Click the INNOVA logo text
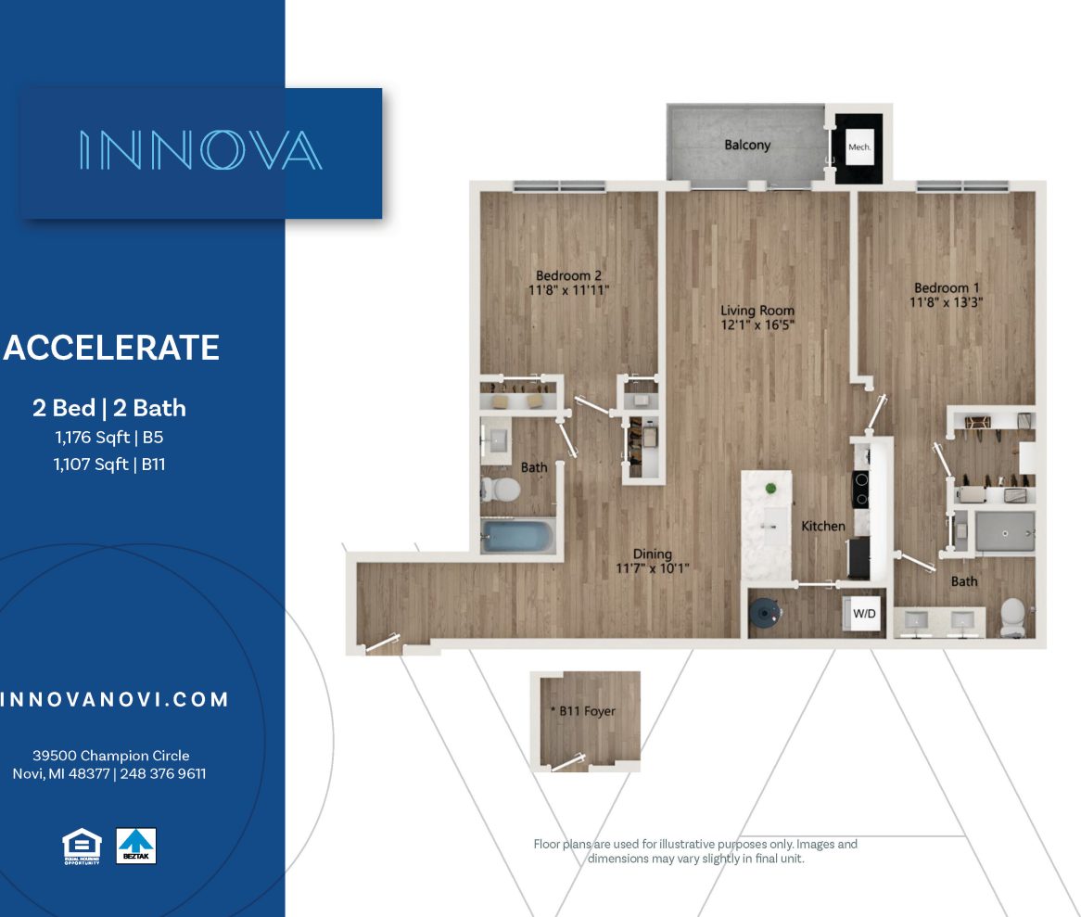pos(200,150)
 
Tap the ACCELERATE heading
pos(111,348)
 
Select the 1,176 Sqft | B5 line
pos(109,437)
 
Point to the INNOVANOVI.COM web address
pos(114,700)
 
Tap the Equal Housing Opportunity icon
pos(82,846)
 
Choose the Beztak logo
pos(136,846)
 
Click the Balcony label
pos(747,146)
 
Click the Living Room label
pos(758,311)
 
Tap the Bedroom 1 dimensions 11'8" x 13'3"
pos(947,302)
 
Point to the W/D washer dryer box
pos(865,614)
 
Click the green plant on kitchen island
pos(769,488)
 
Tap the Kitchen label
pos(823,527)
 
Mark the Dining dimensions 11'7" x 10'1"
pos(654,568)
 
